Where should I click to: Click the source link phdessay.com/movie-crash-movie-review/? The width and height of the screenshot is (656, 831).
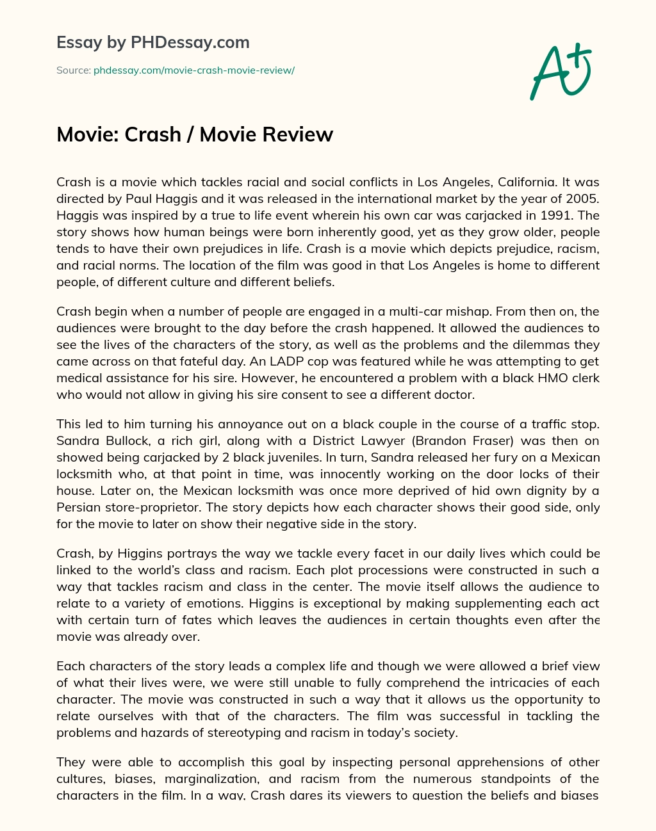(193, 70)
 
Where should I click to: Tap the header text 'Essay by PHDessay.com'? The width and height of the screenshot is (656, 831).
(152, 43)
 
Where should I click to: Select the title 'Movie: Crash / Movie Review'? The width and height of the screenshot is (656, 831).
(195, 134)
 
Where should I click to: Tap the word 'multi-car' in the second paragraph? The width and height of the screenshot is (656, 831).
(356, 312)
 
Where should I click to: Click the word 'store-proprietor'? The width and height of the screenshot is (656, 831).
(142, 508)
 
